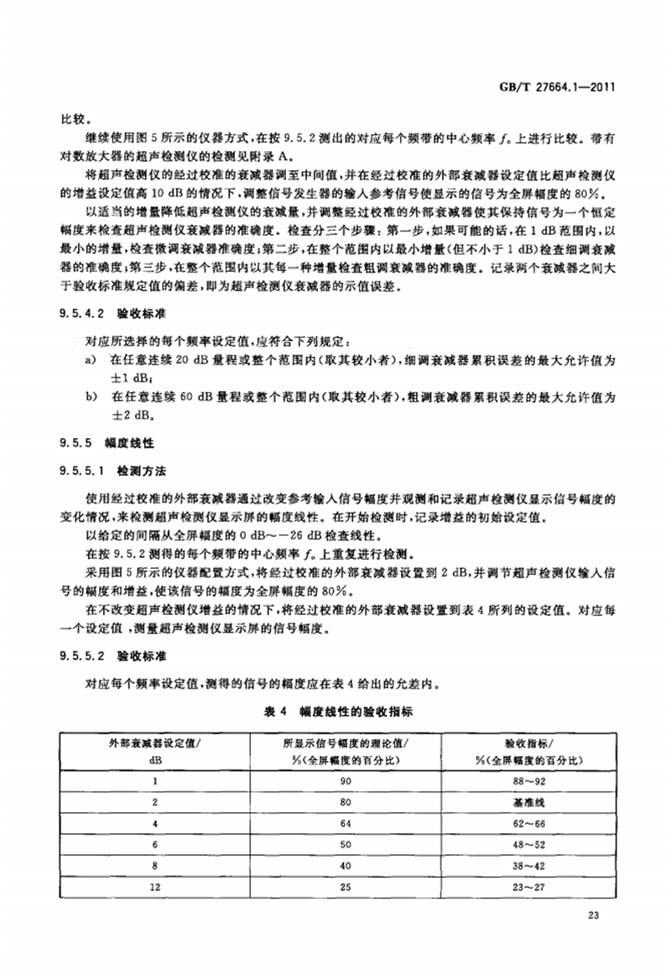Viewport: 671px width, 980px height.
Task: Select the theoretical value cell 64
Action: (352, 825)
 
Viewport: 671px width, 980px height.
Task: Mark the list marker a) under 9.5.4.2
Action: (91, 359)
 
